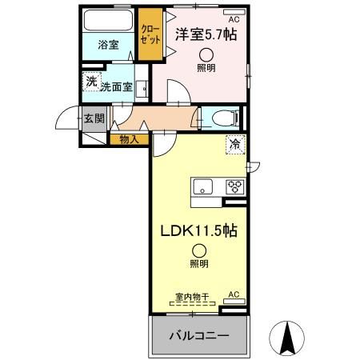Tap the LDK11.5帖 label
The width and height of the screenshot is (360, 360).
click(x=199, y=231)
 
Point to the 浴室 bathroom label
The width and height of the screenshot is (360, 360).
click(x=109, y=45)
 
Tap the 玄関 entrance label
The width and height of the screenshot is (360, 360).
click(x=94, y=118)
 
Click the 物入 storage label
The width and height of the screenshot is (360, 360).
click(x=129, y=139)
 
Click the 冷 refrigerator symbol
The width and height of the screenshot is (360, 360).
click(x=235, y=145)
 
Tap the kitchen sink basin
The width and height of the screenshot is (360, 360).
click(x=202, y=189)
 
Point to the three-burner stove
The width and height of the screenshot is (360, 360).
click(x=235, y=188)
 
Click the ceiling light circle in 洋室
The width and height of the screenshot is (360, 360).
click(x=207, y=55)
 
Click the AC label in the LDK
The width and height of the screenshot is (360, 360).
click(x=234, y=295)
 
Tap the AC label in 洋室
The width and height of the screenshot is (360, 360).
click(x=234, y=18)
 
